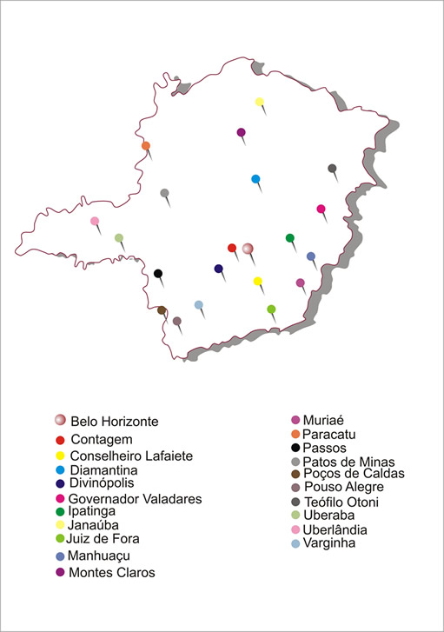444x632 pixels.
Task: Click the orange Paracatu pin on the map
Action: tap(146, 146)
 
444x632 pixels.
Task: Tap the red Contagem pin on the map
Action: tap(232, 248)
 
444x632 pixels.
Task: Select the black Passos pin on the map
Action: tap(158, 274)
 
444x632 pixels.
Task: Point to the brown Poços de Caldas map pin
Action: tap(162, 310)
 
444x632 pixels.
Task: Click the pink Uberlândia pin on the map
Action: tap(95, 221)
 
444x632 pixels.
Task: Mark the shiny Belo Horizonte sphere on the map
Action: tap(248, 249)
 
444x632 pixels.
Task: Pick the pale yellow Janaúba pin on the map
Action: tap(259, 102)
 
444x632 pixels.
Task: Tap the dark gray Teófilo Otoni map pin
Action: tap(332, 169)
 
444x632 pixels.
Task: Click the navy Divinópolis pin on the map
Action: tap(219, 269)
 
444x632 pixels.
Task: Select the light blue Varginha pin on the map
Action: tap(199, 305)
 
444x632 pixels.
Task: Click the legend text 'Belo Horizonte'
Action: tap(115, 422)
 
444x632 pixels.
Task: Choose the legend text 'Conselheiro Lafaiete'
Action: tap(131, 456)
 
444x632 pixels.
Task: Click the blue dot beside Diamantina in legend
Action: tap(60, 470)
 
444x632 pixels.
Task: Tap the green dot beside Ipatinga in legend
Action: tap(60, 512)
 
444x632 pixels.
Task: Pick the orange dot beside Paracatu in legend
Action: tap(295, 434)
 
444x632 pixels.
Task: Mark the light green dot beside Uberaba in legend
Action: tap(295, 516)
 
